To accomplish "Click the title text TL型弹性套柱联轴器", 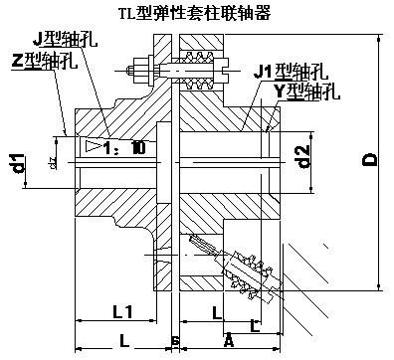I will (200, 14).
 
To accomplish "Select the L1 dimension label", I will (122, 312).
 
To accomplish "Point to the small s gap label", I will (177, 341).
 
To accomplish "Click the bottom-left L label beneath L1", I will (122, 341).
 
